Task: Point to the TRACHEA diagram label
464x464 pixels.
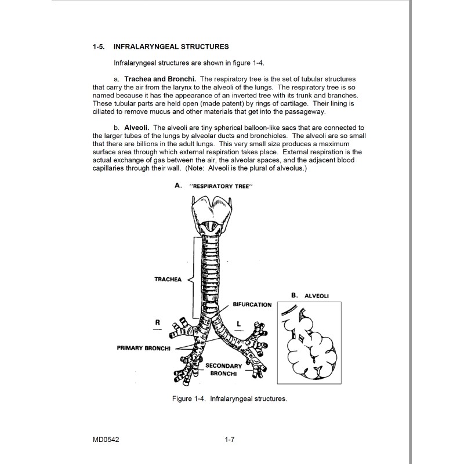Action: tap(168, 279)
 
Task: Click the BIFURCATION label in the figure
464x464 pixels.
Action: tap(252, 304)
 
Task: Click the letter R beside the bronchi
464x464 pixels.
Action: tap(157, 320)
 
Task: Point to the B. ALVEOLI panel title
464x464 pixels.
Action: tap(310, 295)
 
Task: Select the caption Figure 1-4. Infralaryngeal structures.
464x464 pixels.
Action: tap(230, 399)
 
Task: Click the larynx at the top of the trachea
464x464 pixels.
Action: tap(212, 215)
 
